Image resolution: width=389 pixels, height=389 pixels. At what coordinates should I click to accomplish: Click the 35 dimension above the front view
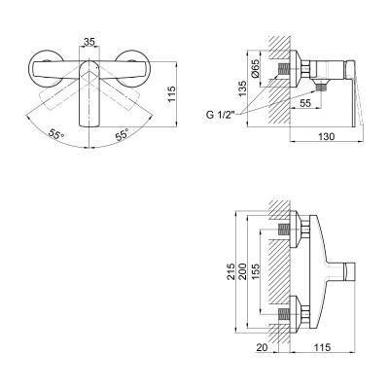pos(89,42)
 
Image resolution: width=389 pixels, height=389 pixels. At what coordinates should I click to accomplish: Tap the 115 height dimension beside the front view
pos(171,93)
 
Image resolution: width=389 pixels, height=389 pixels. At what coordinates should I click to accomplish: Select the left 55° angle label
pos(56,134)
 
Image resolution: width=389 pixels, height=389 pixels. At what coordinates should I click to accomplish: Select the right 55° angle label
pos(123,134)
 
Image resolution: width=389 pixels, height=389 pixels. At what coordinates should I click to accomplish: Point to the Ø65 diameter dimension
pos(255,69)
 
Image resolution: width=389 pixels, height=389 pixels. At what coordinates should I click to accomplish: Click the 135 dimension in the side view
pos(242,88)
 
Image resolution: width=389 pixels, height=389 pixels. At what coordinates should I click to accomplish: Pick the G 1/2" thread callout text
pos(221,115)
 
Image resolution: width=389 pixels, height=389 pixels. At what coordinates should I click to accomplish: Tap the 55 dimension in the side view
pos(305,103)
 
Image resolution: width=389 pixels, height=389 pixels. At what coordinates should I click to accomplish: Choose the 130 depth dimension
pos(326,136)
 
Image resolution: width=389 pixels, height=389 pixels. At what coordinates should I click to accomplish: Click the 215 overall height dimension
pos(230,271)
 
